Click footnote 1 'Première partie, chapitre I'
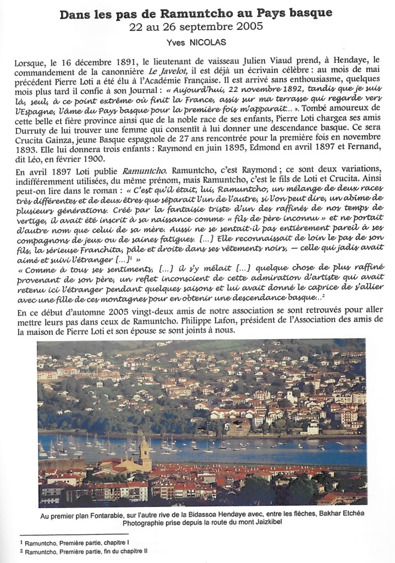[83, 543]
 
